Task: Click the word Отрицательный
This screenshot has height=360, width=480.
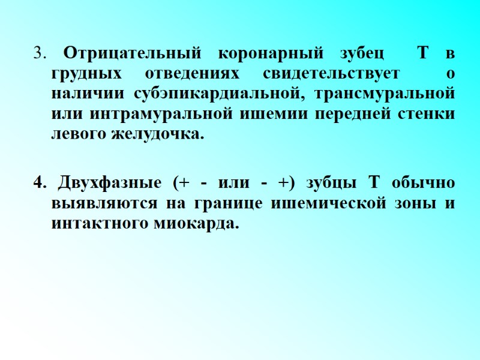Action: (x=131, y=53)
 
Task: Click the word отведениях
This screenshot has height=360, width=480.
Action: (x=193, y=74)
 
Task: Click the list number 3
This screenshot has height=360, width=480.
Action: (x=39, y=53)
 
